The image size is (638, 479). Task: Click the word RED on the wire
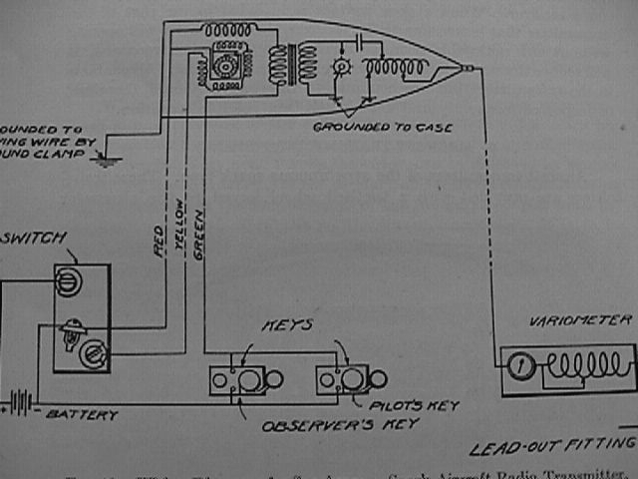(160, 245)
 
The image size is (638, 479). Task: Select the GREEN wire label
(199, 239)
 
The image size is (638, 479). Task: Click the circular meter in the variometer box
(517, 365)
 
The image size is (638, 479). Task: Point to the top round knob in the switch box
(68, 281)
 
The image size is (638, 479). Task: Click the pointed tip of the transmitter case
(467, 69)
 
